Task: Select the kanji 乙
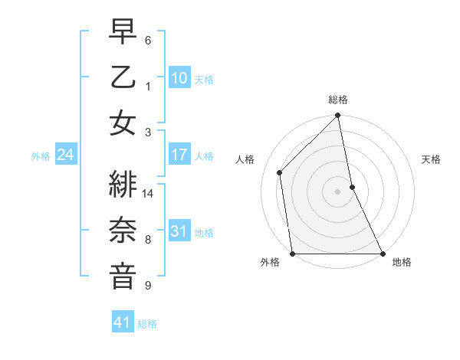click(123, 78)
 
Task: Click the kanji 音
click(123, 275)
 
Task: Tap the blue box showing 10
click(179, 78)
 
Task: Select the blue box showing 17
click(179, 155)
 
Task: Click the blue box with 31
click(179, 231)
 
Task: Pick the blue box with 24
click(65, 155)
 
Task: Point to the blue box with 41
click(123, 323)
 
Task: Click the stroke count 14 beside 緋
click(149, 194)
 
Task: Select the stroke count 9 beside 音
click(148, 286)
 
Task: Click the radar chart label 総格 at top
click(338, 100)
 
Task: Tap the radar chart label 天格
click(432, 159)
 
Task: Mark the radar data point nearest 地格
click(383, 254)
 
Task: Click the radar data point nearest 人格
click(280, 172)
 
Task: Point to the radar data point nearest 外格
click(293, 254)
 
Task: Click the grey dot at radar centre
click(338, 191)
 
